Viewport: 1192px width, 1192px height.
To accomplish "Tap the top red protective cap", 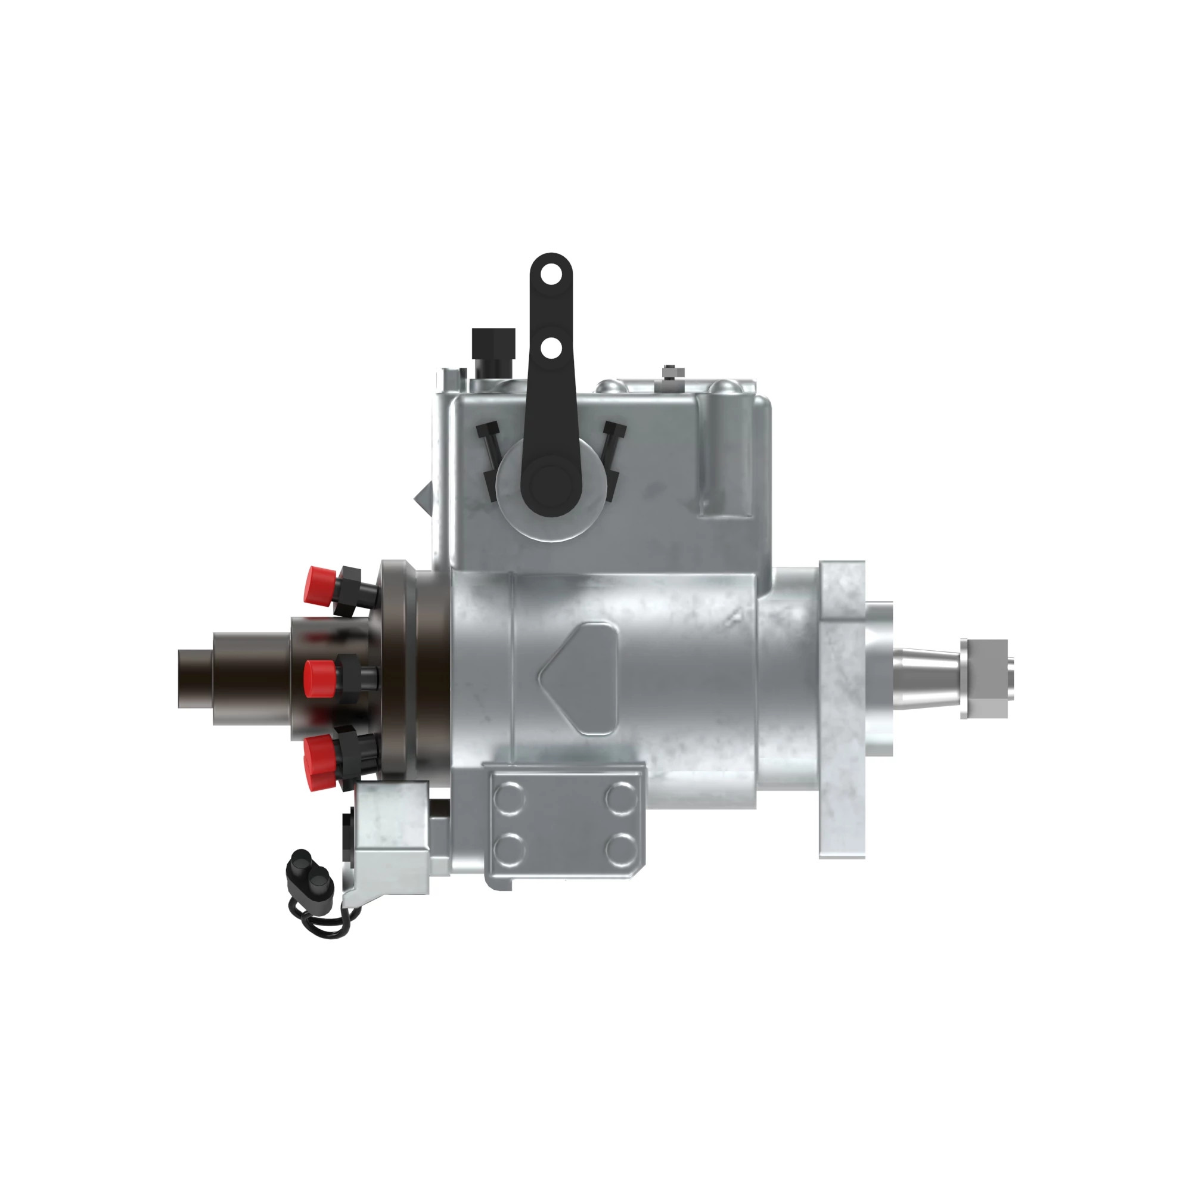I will tap(320, 583).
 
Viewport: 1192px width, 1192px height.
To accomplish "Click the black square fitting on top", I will tap(493, 343).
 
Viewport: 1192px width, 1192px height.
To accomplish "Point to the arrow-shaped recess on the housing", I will tap(581, 678).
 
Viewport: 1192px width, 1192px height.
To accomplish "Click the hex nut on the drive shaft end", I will tap(983, 678).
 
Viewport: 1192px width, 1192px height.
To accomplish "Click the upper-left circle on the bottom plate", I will tap(509, 799).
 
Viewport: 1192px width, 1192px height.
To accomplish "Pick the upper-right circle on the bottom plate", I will tap(620, 799).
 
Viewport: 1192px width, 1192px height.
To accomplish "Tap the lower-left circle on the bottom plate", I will tap(509, 849).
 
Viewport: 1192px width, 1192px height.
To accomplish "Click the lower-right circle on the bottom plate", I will tap(620, 849).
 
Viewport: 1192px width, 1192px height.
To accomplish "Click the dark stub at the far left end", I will tap(195, 678).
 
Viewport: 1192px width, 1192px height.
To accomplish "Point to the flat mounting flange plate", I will tap(842, 709).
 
